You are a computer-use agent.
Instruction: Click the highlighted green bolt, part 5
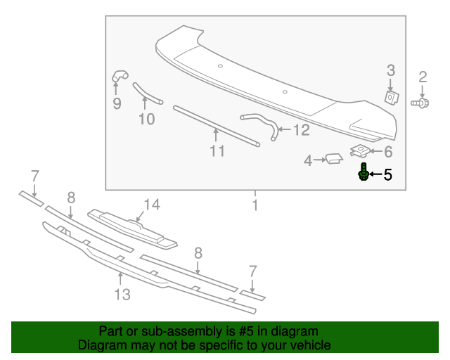pos(364,172)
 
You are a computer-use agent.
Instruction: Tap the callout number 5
pos(387,174)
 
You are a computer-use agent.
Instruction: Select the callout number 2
pos(423,77)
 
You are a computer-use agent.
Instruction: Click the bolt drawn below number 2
pos(420,103)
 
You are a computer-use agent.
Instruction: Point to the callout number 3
pos(391,70)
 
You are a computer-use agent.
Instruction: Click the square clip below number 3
pos(392,97)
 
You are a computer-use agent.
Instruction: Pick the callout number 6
pos(387,151)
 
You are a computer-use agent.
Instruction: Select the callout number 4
pos(307,161)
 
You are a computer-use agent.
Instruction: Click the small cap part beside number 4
pos(332,159)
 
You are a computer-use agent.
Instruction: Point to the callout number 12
pos(300,129)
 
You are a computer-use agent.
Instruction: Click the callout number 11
pos(217,150)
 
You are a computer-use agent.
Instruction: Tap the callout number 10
pos(146,119)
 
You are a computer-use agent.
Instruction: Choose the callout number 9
pos(117,104)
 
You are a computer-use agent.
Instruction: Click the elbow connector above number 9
pos(119,75)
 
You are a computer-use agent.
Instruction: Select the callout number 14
pos(152,205)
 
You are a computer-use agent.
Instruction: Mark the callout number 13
pos(122,294)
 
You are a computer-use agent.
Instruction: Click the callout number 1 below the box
pos(255,205)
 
